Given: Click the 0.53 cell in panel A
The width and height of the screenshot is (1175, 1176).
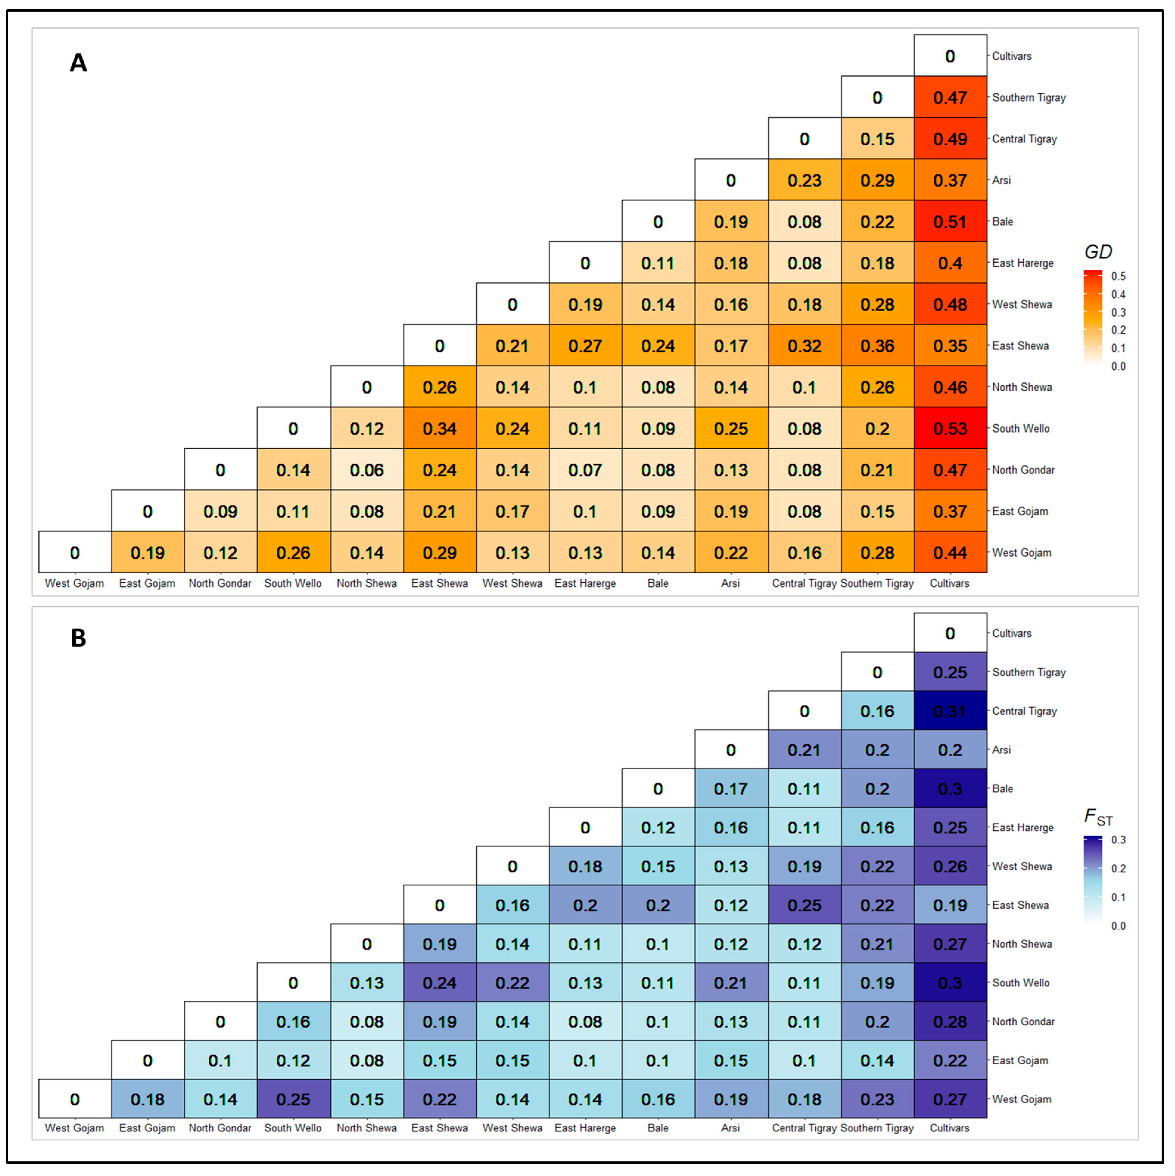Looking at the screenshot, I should point(950,429).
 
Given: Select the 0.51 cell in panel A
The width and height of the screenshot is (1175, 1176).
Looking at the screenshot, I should point(950,222).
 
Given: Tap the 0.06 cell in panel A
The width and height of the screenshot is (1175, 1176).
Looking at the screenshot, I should point(366,470).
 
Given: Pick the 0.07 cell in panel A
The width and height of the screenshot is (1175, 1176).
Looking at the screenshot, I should point(585,470).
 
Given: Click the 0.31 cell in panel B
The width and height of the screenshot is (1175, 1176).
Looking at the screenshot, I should point(950,711).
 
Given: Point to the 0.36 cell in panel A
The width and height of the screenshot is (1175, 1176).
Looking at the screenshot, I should point(877,346).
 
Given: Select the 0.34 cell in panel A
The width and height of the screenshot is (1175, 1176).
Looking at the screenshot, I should point(439,429).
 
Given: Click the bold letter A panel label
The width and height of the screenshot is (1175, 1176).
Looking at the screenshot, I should point(79,63).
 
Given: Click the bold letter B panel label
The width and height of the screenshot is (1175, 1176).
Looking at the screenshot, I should point(79,638).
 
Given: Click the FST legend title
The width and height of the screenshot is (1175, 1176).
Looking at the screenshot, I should point(1098,817).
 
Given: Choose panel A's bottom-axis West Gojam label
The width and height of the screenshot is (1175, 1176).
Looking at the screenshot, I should point(74,583).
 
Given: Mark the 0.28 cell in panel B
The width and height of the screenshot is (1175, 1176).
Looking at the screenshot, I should point(950,1021).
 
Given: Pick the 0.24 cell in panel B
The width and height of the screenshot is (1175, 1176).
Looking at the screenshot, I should point(439,982).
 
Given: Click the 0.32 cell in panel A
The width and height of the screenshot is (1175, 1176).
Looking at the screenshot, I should point(805,346).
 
